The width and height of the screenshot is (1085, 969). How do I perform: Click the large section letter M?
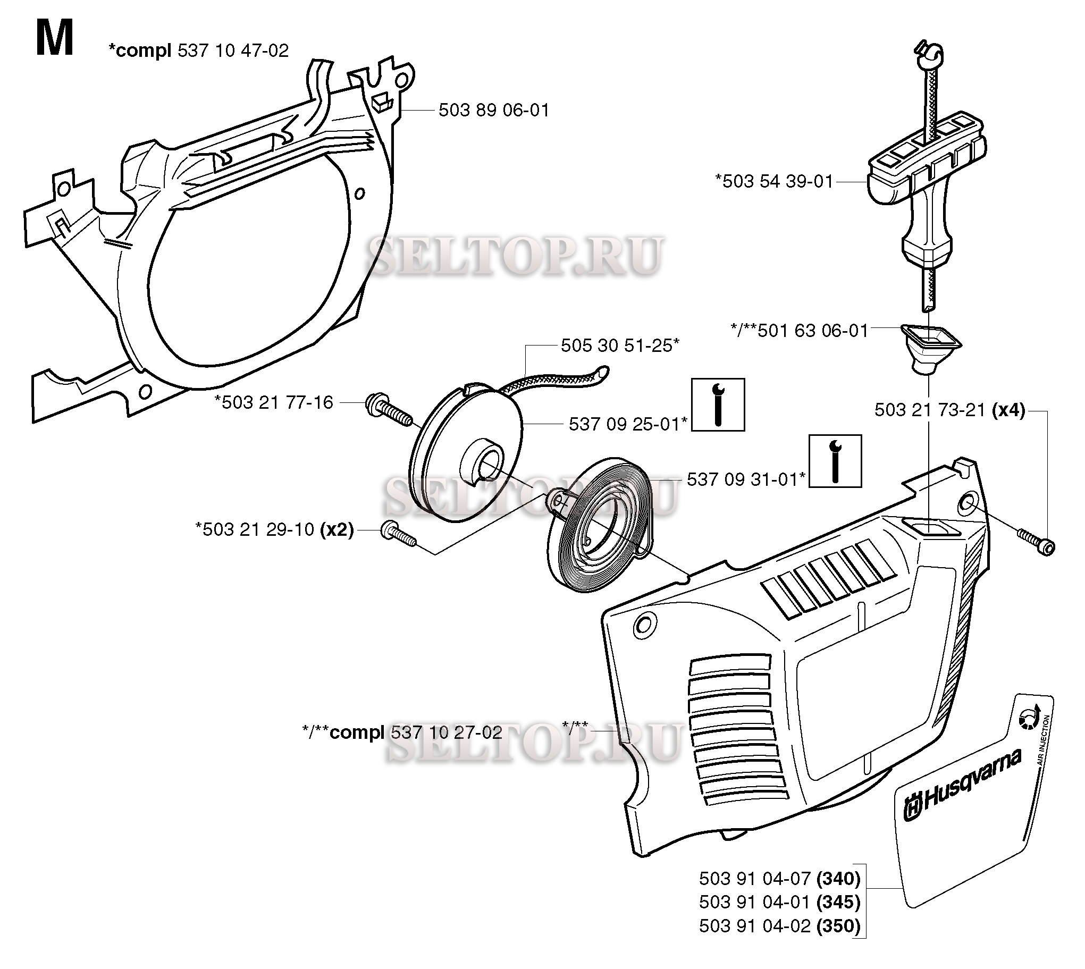click(x=54, y=38)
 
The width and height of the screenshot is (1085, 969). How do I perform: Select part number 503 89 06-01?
click(x=493, y=110)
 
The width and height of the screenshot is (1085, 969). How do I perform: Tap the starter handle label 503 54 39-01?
click(x=774, y=182)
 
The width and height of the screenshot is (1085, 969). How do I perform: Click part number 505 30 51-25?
click(x=620, y=346)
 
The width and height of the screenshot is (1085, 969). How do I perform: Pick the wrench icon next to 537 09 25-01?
click(x=718, y=405)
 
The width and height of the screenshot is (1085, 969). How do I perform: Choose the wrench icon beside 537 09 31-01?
click(x=835, y=461)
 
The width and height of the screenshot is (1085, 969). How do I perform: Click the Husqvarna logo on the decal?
click(x=962, y=787)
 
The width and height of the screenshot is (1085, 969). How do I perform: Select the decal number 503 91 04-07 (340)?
click(x=779, y=878)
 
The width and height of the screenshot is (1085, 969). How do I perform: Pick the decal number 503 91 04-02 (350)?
click(x=779, y=926)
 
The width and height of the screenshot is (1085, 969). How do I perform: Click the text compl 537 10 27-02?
click(x=416, y=733)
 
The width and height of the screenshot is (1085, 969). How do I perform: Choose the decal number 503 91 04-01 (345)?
click(x=779, y=902)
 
